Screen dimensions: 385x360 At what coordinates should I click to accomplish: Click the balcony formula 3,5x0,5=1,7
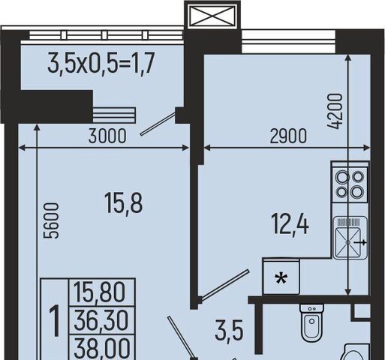[x=100, y=62]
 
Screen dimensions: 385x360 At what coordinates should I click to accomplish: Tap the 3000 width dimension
[x=107, y=136]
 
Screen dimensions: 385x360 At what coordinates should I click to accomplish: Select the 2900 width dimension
[x=288, y=136]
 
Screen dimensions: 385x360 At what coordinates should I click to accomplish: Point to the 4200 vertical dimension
[x=335, y=111]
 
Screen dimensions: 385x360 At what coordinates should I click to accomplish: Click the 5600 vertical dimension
[x=51, y=220]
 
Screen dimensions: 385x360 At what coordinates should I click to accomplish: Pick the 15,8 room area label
[x=124, y=203]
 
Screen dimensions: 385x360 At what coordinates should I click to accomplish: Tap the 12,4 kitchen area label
[x=290, y=225]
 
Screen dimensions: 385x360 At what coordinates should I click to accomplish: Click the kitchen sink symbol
[x=350, y=238]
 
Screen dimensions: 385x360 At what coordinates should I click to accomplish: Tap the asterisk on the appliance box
[x=281, y=279]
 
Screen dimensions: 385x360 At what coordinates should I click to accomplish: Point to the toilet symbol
[x=311, y=322]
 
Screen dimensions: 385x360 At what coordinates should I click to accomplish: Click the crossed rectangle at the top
[x=212, y=16]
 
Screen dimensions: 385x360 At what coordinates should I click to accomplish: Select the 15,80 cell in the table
[x=100, y=292]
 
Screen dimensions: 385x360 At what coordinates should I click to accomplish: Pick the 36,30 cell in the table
[x=101, y=320]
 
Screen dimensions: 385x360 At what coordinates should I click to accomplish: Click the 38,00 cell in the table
[x=102, y=348]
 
